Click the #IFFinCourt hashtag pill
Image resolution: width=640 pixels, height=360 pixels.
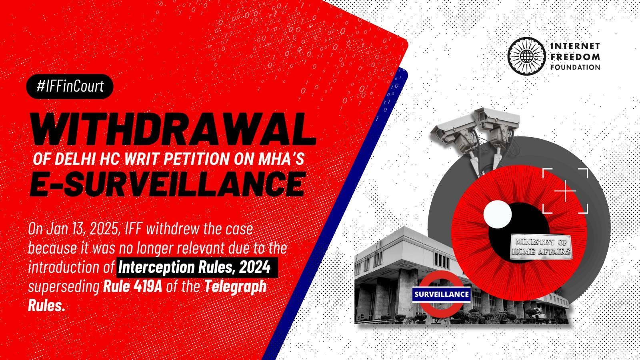tap(70, 86)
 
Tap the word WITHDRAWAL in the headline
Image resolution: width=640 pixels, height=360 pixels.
tap(173, 129)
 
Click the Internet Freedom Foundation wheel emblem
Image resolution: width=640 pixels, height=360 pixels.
tap(526, 56)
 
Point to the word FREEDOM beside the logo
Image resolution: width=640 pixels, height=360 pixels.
tap(575, 57)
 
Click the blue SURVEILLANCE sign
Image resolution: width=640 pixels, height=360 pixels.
tap(442, 294)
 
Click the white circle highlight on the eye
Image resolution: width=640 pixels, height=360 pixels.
tap(498, 214)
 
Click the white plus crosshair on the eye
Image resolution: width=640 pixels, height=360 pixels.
tap(565, 190)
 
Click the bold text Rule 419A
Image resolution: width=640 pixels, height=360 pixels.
tap(132, 287)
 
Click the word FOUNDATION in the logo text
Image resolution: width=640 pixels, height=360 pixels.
tap(575, 68)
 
